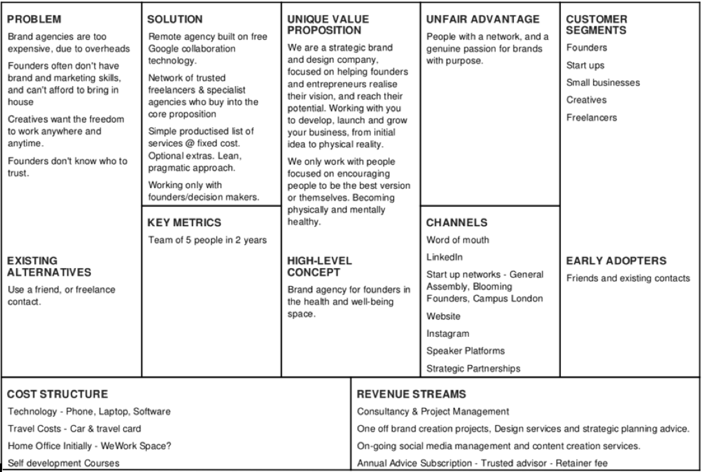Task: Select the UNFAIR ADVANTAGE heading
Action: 483,19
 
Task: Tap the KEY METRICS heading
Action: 184,223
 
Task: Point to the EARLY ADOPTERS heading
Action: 615,261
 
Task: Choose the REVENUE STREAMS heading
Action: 412,394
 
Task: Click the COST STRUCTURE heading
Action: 58,394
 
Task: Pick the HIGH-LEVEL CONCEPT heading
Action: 319,267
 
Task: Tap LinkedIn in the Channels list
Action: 445,257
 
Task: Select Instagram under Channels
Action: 447,334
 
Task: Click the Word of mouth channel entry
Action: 458,240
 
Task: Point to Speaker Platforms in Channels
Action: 465,351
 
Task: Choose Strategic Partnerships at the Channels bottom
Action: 473,368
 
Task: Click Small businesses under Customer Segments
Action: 603,83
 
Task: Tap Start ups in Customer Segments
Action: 585,65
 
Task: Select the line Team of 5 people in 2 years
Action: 207,240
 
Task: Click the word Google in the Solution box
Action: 162,49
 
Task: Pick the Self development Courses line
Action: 63,462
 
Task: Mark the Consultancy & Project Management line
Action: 433,411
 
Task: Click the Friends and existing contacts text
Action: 628,278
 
